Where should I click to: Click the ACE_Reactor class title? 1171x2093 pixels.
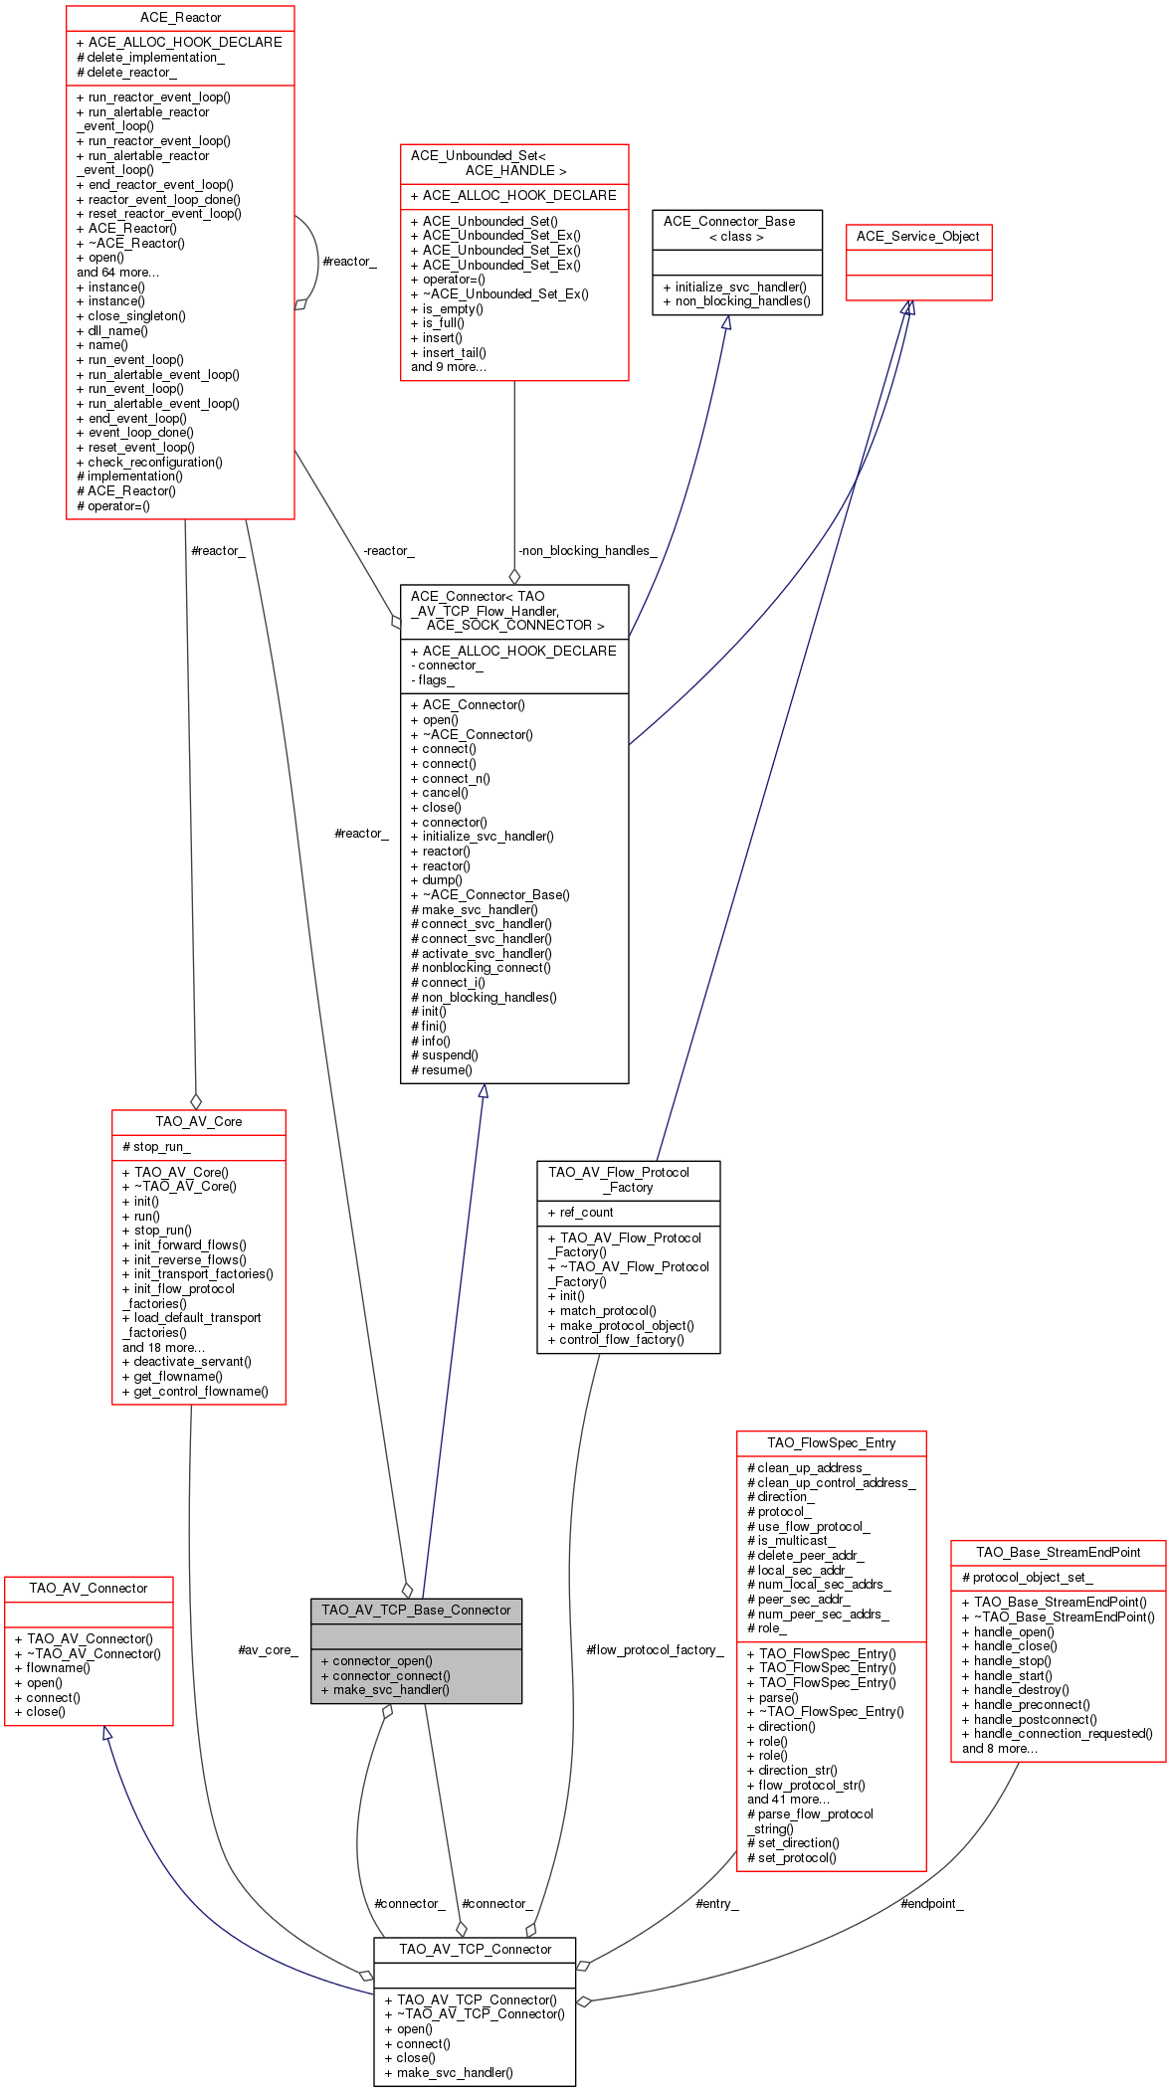point(180,18)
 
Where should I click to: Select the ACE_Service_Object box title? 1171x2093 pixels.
point(917,237)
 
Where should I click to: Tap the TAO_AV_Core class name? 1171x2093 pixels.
point(198,1121)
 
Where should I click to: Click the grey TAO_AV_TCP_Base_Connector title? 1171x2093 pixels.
point(416,1610)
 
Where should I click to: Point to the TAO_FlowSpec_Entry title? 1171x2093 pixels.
point(831,1442)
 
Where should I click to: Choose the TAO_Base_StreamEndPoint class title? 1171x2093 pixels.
point(1058,1552)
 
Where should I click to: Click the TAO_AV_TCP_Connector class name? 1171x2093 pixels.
point(475,1949)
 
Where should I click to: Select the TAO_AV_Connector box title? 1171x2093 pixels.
point(88,1588)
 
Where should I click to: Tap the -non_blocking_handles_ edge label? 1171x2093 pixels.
point(587,551)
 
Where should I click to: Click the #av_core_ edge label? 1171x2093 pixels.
point(268,1649)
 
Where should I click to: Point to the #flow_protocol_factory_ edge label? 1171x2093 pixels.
point(655,1649)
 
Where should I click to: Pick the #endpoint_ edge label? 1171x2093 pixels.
point(931,1903)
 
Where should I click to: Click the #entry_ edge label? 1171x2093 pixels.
point(716,1903)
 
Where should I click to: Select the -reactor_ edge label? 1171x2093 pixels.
point(388,551)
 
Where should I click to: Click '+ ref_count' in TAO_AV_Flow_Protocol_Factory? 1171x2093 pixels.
point(580,1212)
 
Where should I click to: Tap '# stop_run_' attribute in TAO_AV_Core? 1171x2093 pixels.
point(156,1146)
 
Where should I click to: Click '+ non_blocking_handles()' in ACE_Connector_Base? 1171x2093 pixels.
point(736,301)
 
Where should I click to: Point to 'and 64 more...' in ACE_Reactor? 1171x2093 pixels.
point(117,273)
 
